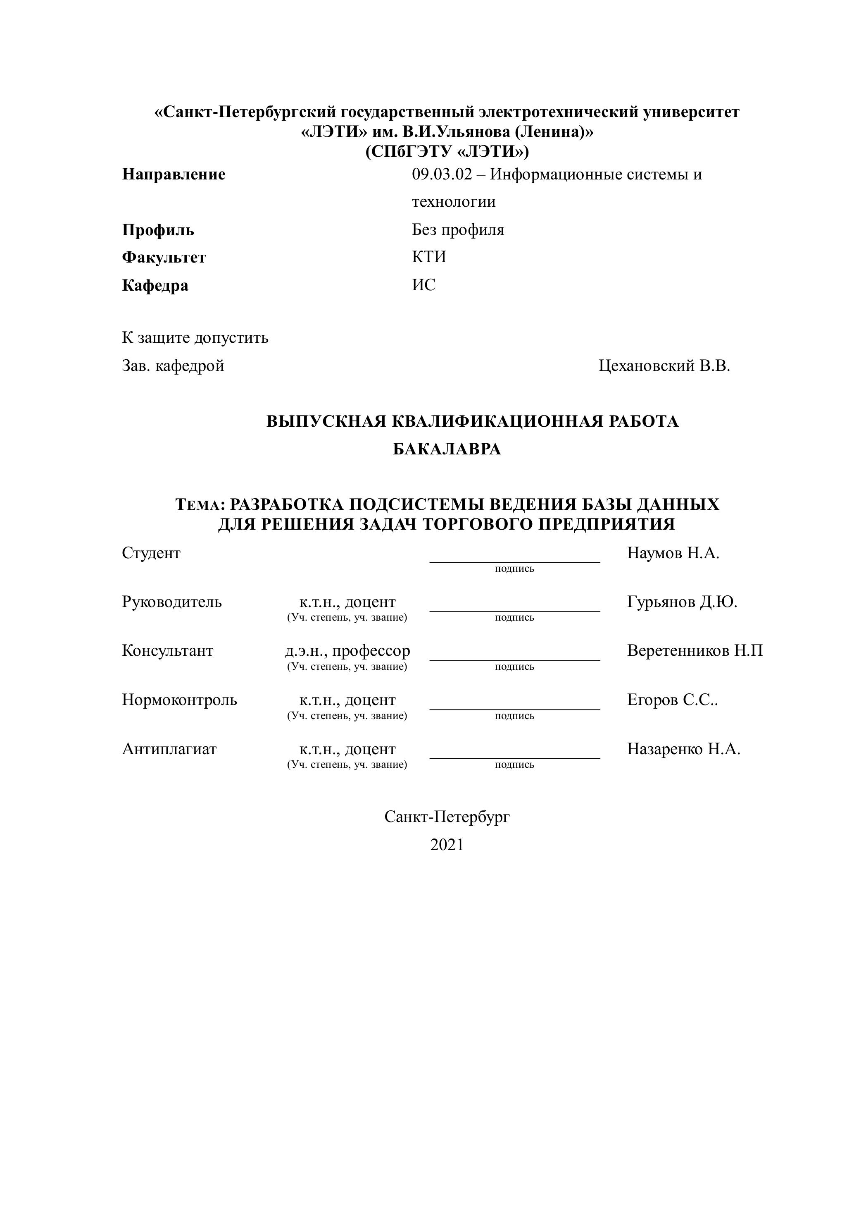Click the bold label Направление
(174, 174)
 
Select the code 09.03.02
(442, 174)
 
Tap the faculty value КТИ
(429, 257)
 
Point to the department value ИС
(423, 285)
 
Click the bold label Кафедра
(155, 285)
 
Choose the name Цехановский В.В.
(664, 366)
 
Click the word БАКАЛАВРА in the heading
(447, 449)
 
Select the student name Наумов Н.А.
(673, 553)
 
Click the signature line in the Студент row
(515, 561)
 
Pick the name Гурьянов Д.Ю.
(682, 602)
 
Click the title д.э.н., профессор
(347, 651)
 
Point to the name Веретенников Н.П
(695, 651)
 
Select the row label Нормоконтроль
(179, 700)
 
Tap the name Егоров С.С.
(672, 700)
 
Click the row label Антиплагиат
(169, 749)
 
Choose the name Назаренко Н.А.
(683, 749)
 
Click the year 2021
(447, 845)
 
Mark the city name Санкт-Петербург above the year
(447, 817)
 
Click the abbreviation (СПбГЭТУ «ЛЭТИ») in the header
(447, 152)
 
